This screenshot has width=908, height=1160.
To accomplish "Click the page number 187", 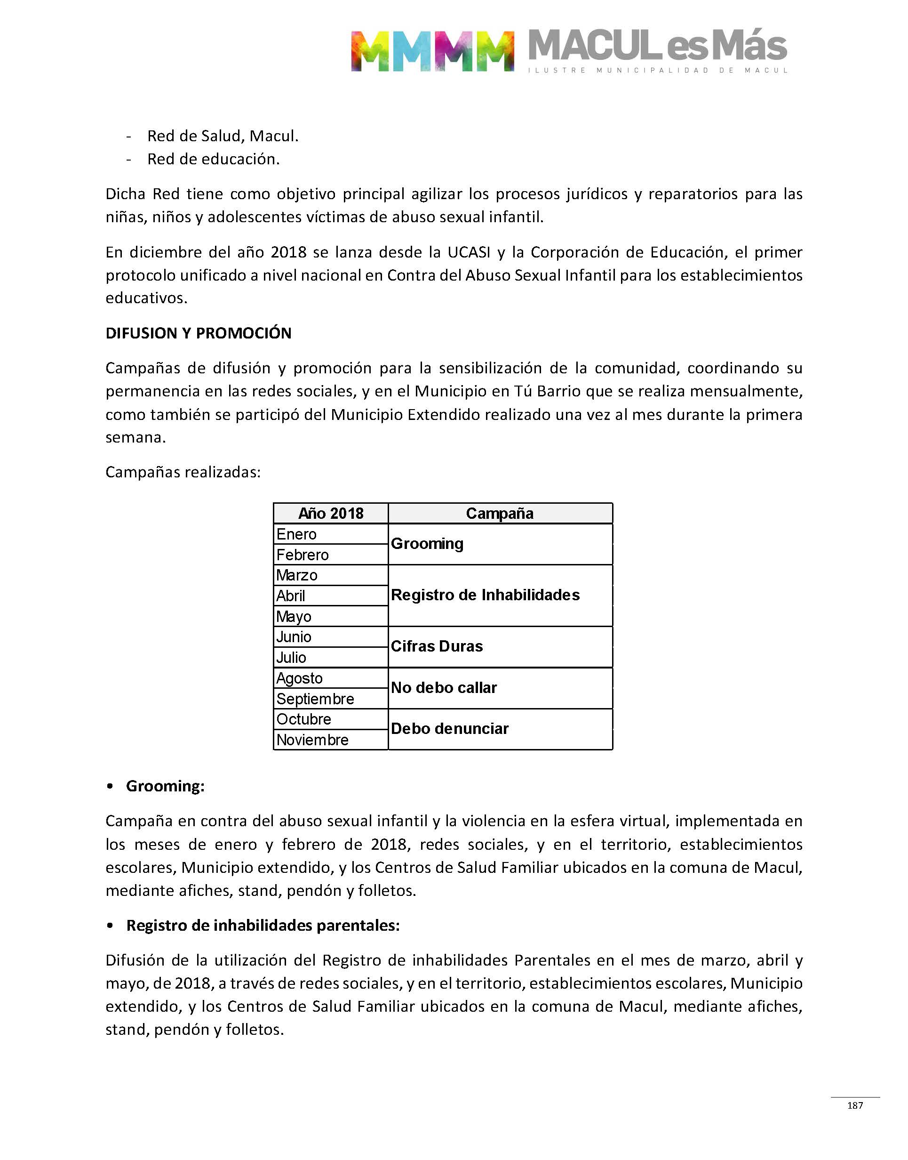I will [x=855, y=1105].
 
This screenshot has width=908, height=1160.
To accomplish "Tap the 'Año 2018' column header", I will [x=331, y=513].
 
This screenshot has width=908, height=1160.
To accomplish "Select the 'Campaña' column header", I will [x=500, y=513].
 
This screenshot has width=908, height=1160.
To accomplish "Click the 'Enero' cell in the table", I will [x=297, y=534].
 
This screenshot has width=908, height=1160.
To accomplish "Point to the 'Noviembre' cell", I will [x=312, y=740].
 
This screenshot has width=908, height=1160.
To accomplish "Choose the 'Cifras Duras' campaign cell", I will [x=437, y=646].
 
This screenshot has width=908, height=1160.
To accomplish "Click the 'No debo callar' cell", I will [x=444, y=688].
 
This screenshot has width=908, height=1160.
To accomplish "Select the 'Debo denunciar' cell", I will [x=450, y=729].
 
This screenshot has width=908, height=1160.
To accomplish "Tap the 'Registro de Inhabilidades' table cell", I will [x=486, y=595].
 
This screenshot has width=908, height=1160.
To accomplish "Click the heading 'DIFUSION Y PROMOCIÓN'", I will [x=198, y=333].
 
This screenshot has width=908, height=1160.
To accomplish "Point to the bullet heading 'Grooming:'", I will [x=165, y=786].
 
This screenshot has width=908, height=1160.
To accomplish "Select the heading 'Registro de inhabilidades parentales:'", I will [x=263, y=926].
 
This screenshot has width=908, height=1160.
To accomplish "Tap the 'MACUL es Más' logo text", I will [x=658, y=47].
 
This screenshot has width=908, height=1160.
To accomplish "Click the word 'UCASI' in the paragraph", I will [x=469, y=252].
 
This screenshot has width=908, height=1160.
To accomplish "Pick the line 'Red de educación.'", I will [x=213, y=159].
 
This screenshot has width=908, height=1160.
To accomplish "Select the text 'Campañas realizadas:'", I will [x=183, y=472].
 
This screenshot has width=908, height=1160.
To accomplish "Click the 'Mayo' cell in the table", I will [x=294, y=616].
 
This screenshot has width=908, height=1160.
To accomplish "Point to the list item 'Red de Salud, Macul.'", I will [x=223, y=136].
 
